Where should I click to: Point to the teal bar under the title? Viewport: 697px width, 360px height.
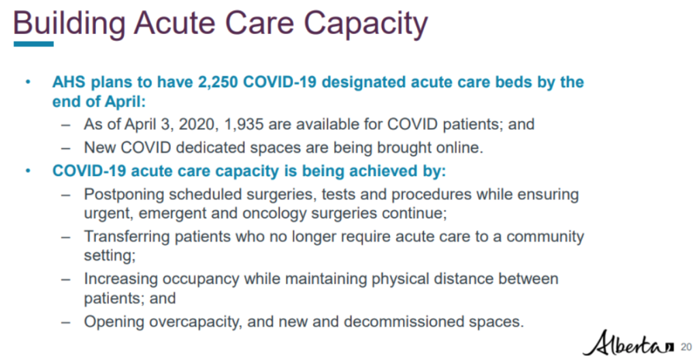click(33, 44)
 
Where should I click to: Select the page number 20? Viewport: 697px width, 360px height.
click(684, 346)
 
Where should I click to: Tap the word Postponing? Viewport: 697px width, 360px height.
click(124, 195)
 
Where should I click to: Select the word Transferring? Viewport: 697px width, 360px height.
click(127, 237)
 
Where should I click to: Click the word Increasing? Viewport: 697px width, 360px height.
click(120, 279)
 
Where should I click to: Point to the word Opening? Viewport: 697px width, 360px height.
click(110, 321)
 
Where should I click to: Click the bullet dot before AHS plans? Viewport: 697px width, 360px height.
click(28, 82)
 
